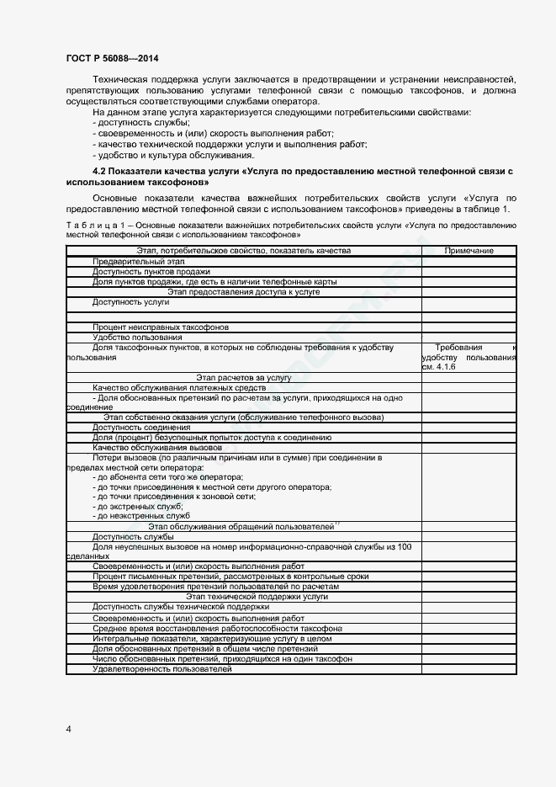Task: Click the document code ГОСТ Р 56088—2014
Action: coord(112,58)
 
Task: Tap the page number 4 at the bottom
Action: coord(68,728)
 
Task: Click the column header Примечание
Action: coord(469,251)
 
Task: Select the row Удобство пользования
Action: coord(137,337)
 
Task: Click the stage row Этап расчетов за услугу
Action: coord(243,378)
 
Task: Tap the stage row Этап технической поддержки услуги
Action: coord(245,596)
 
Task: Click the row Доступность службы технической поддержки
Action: coord(181,606)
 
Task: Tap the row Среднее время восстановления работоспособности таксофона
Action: coord(217,629)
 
